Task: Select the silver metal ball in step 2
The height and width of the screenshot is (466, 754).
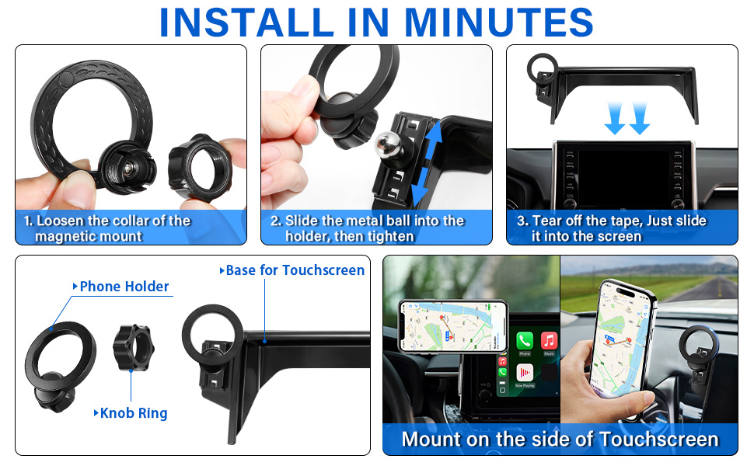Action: [384, 142]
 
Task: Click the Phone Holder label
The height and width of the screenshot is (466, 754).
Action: [124, 287]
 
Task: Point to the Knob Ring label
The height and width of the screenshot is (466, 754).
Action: [134, 413]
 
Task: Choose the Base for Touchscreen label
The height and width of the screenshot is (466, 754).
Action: [295, 270]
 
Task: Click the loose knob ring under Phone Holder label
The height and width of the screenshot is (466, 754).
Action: [131, 343]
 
